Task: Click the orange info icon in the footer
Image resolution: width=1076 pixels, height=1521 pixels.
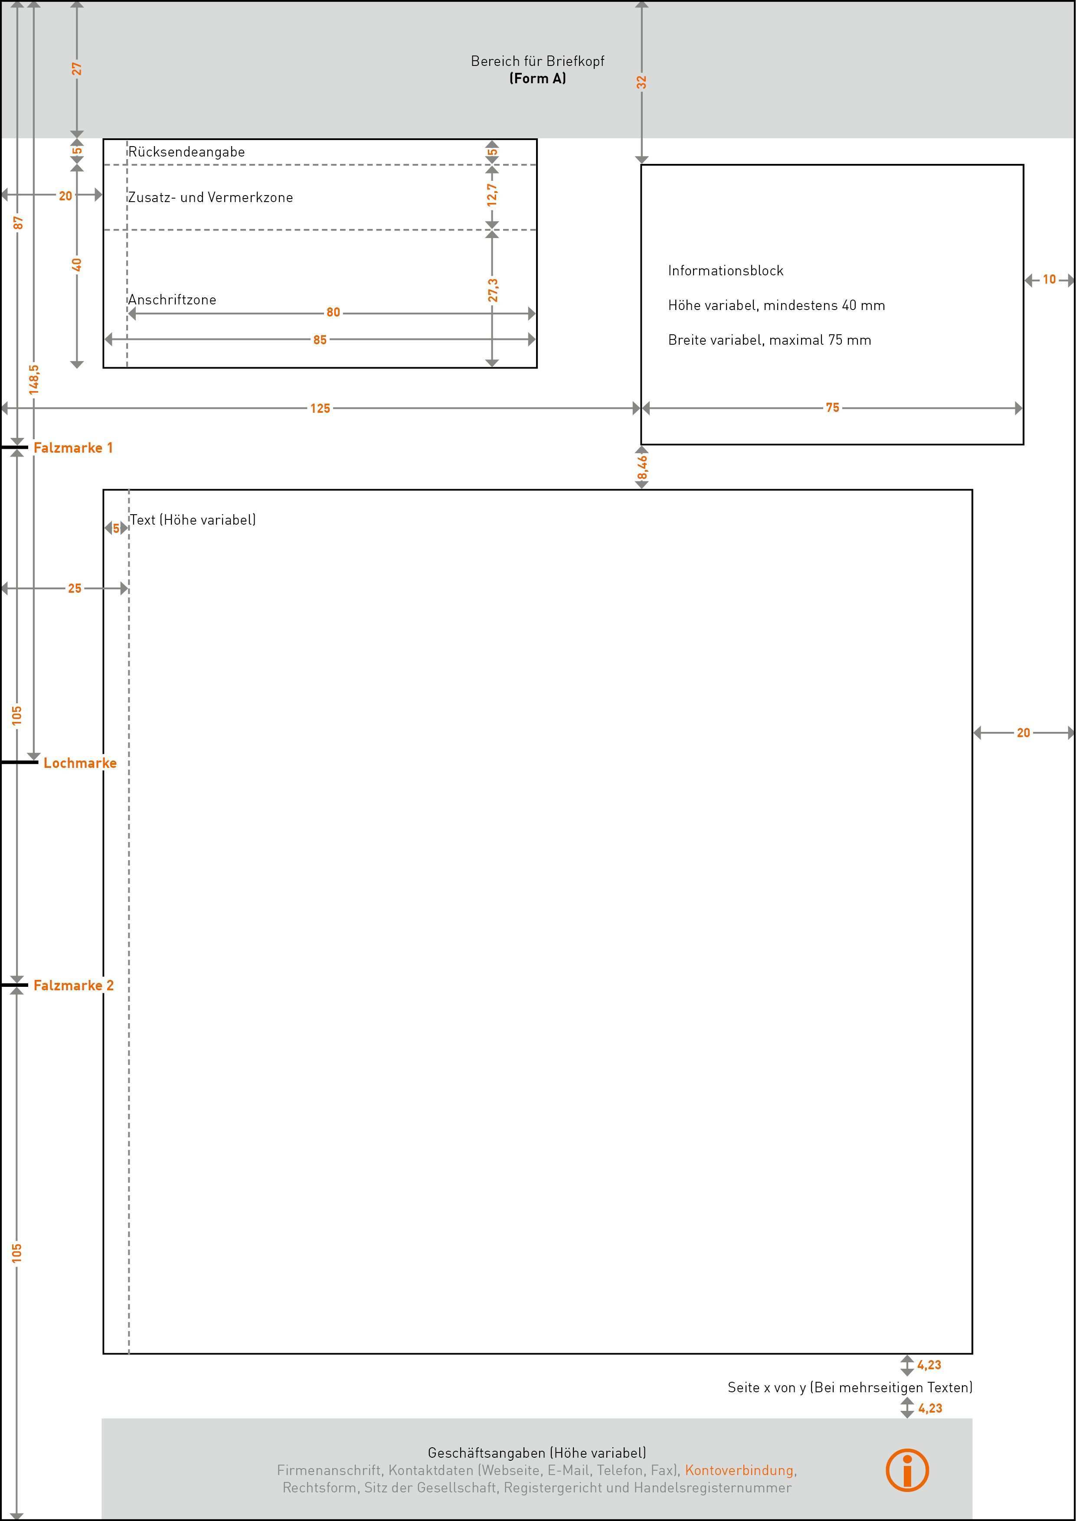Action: click(x=907, y=1470)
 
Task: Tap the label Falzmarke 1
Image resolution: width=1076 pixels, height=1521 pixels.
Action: click(x=73, y=448)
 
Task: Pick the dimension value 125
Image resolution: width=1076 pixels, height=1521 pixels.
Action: click(x=320, y=408)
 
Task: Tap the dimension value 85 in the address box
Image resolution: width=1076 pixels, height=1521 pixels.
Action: click(x=320, y=340)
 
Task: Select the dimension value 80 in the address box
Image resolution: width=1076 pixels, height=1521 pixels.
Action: click(x=333, y=312)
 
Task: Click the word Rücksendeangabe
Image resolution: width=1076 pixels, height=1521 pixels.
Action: click(x=186, y=152)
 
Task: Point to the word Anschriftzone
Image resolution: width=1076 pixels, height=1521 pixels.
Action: click(x=172, y=300)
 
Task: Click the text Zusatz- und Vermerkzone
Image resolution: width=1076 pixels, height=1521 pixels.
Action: click(x=210, y=197)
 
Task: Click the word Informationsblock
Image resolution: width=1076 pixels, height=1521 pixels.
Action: click(x=726, y=270)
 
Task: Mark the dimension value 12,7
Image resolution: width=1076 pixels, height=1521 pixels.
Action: click(x=492, y=195)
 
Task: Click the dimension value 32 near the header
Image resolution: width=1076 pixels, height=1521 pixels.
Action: click(x=641, y=82)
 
